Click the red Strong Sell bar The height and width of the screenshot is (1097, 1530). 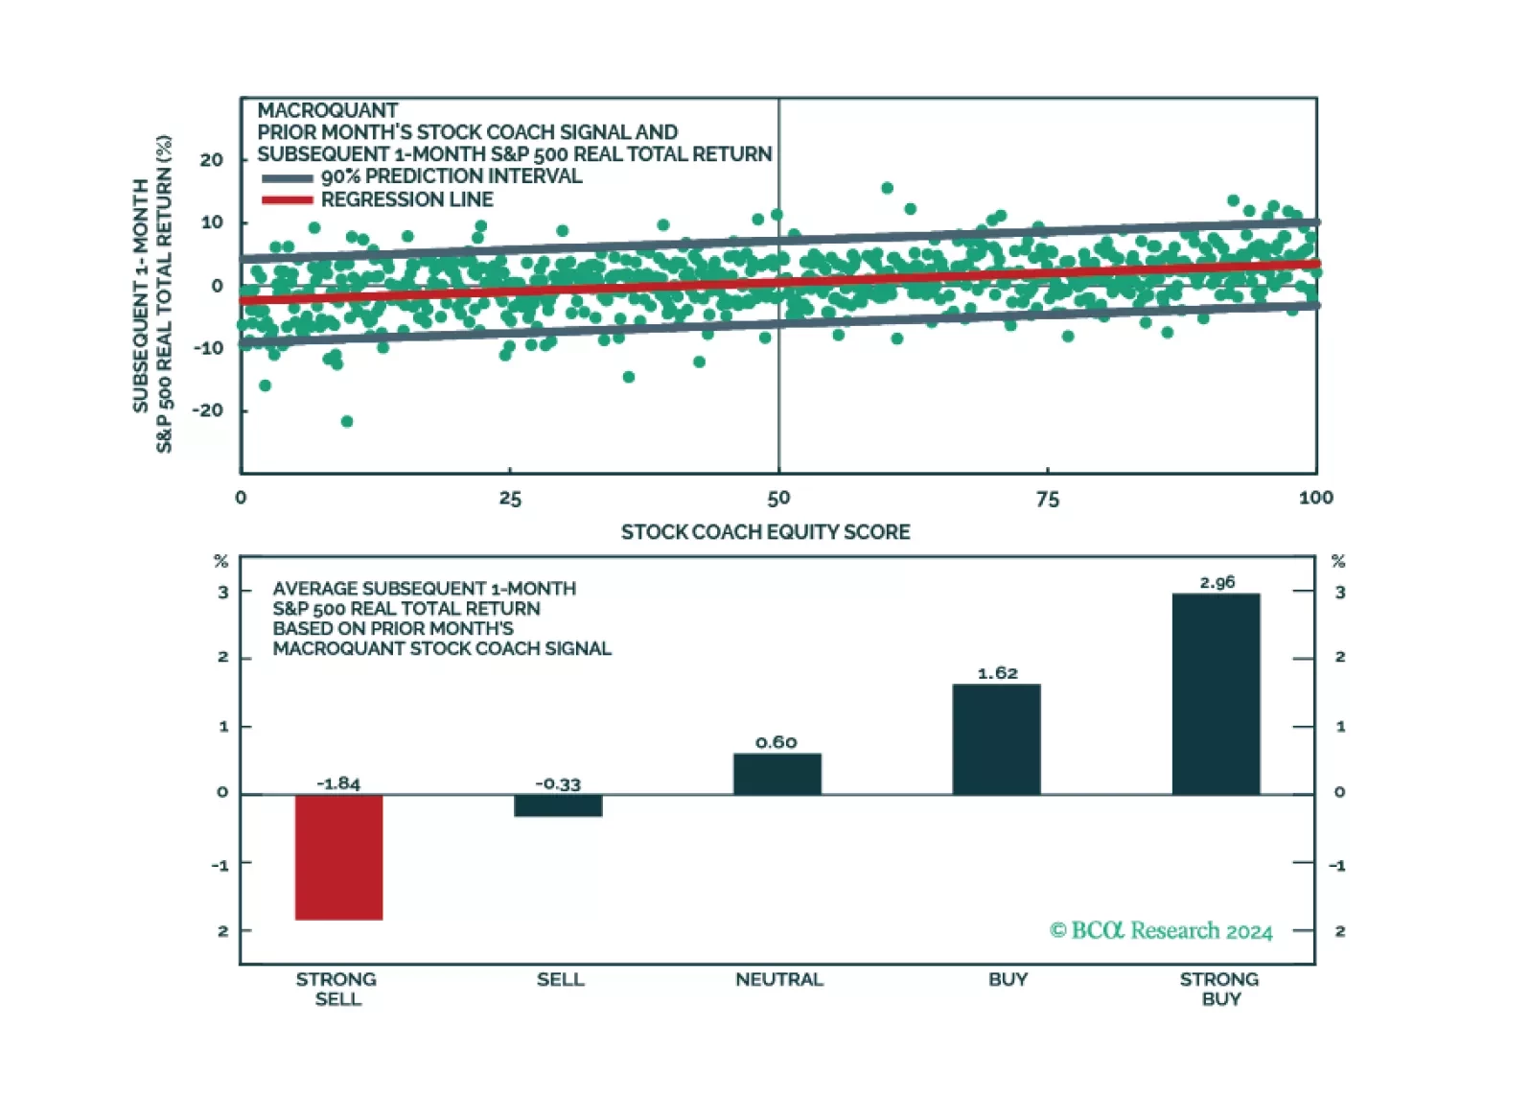[338, 856]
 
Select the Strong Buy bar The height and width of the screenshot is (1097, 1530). [1216, 693]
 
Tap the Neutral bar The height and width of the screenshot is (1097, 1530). [777, 774]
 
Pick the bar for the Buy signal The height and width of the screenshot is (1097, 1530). [996, 738]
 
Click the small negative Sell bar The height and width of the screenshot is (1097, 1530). [558, 805]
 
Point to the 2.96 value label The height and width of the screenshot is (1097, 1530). [1217, 582]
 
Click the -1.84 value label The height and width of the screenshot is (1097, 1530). [338, 783]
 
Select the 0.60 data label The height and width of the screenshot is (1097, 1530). [776, 742]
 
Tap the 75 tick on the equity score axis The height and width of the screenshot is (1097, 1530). [1048, 499]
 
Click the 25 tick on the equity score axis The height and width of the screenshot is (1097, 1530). [510, 499]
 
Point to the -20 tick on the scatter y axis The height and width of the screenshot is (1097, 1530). [208, 410]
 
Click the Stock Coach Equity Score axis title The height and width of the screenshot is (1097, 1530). [765, 532]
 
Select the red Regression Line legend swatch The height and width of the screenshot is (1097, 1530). [287, 200]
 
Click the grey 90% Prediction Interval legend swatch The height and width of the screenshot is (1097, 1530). [287, 177]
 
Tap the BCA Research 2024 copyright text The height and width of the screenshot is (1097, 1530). [1161, 931]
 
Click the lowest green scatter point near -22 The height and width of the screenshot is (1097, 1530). [347, 422]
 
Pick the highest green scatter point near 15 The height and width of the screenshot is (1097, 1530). [887, 188]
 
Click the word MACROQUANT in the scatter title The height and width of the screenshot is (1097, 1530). [327, 110]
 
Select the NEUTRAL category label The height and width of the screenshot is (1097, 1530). [778, 979]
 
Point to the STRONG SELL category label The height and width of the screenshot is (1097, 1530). [336, 989]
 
